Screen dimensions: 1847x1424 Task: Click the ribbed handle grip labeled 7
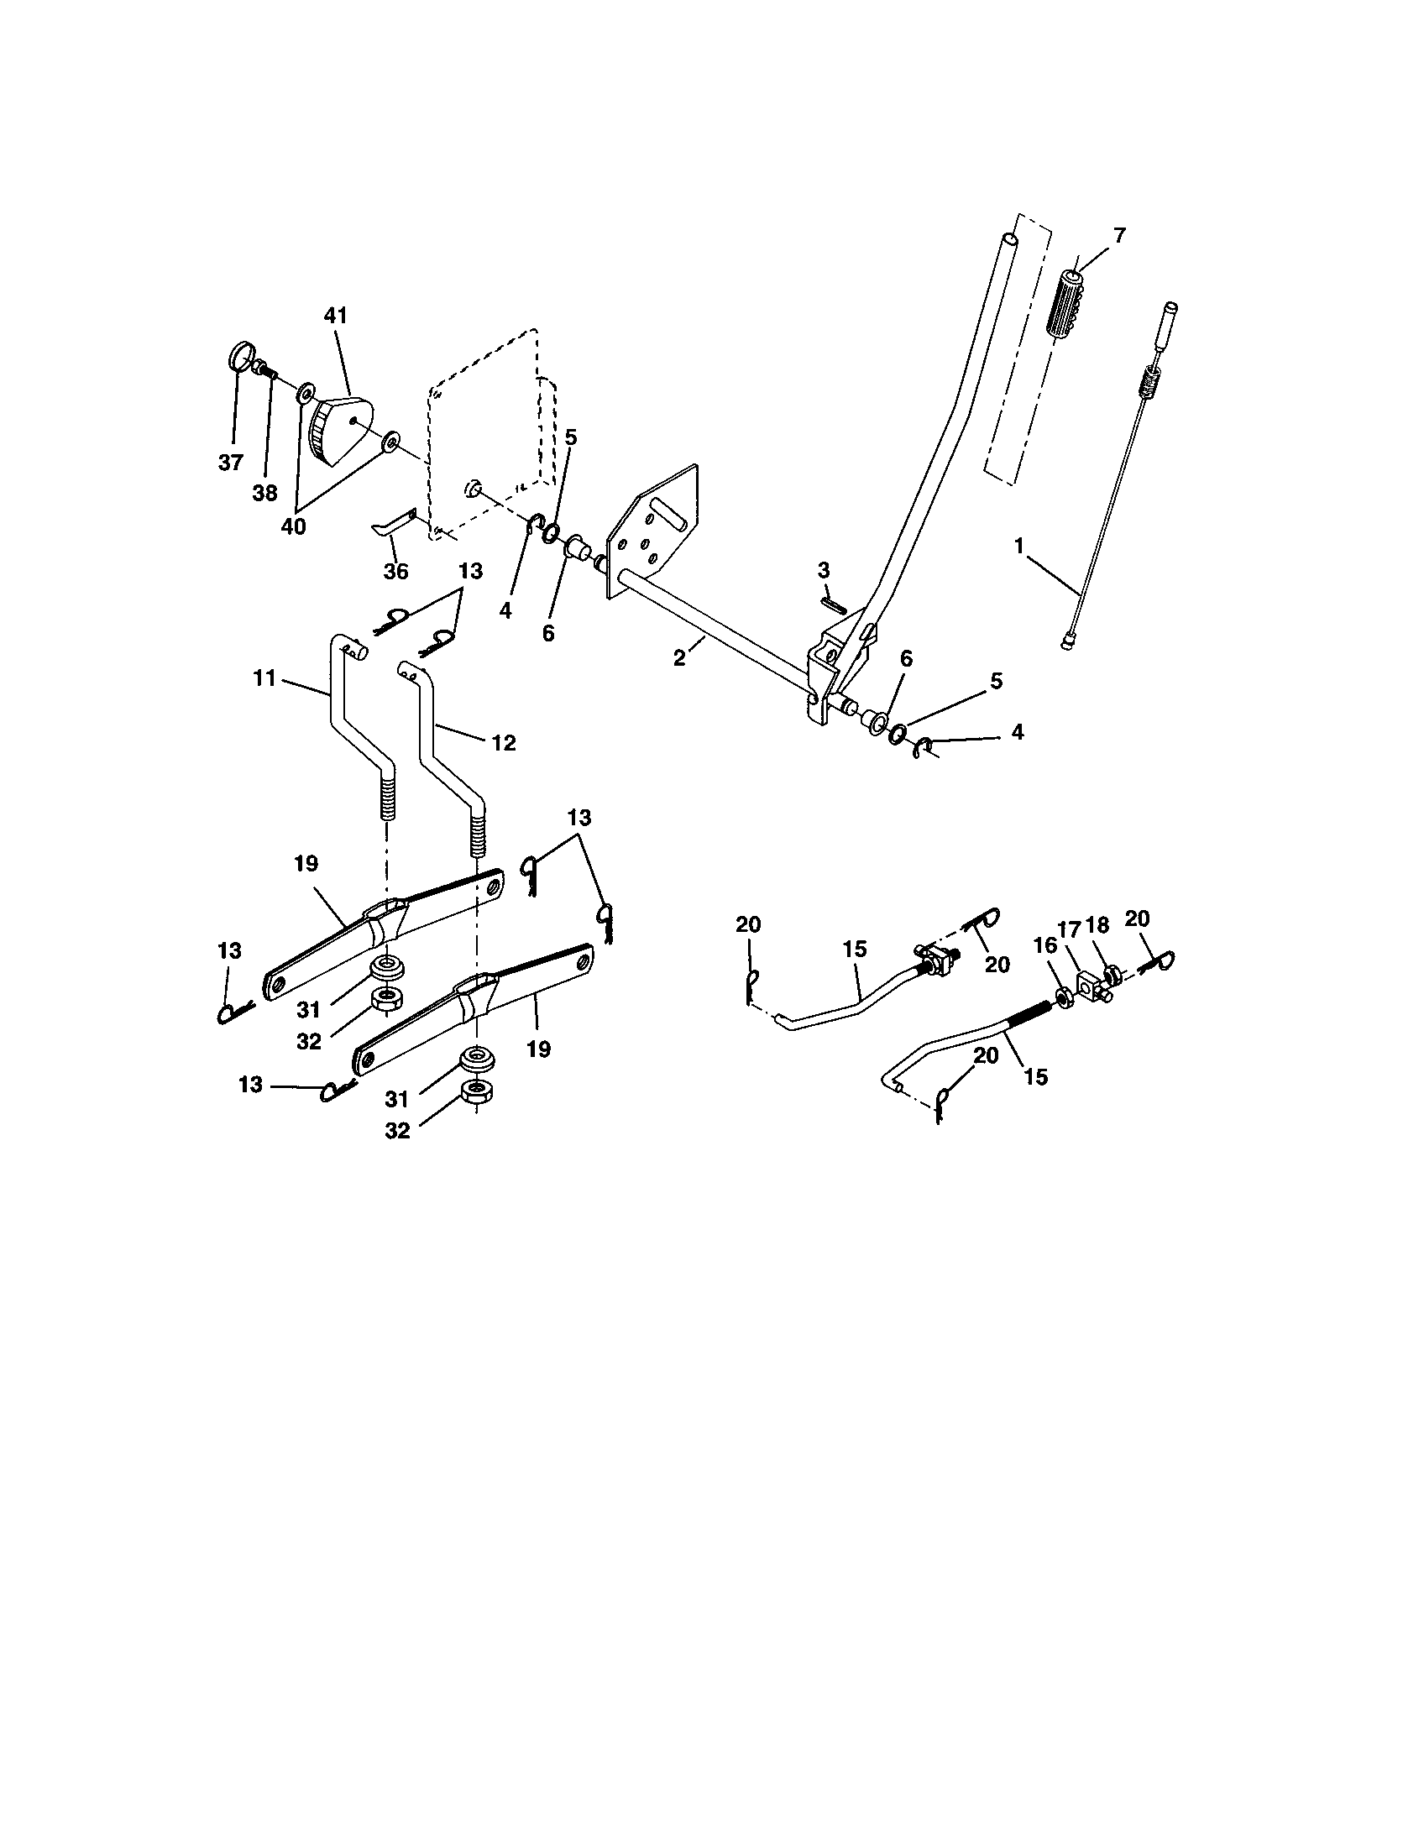coord(1067,306)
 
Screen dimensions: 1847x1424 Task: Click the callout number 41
coord(335,316)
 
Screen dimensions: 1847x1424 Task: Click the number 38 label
coord(264,494)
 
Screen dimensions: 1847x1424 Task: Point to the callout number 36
coord(395,571)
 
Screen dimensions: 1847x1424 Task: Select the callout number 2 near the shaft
coord(679,658)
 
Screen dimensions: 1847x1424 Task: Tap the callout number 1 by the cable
coord(1019,547)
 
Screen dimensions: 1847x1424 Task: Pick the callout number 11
coord(264,678)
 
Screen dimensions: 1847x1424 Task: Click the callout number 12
coord(503,742)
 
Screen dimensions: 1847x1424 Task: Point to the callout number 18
coord(1097,925)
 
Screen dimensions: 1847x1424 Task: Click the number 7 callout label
coord(1119,235)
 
